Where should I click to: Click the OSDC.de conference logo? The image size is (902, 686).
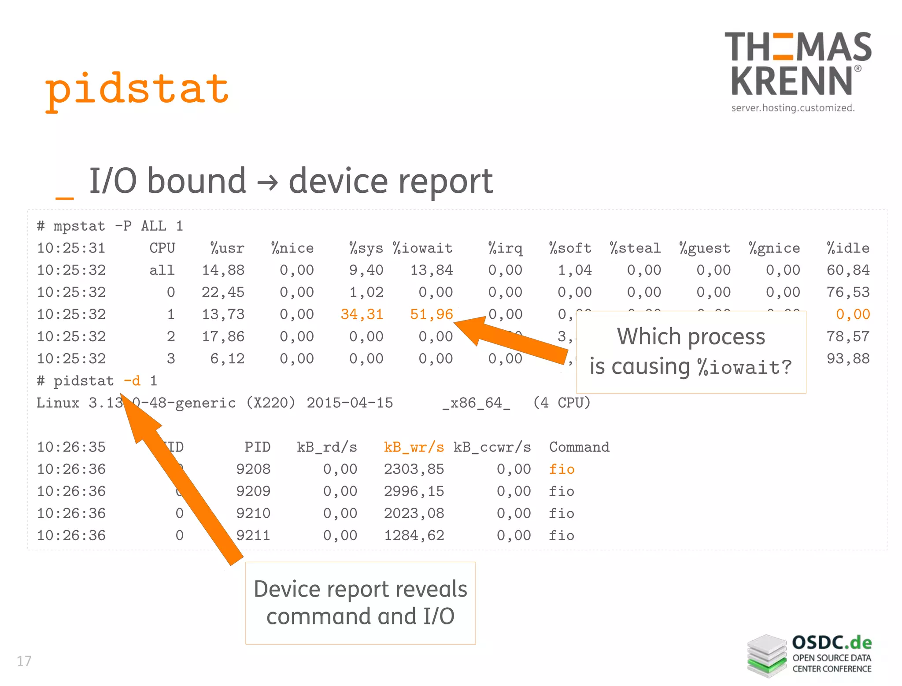tap(810, 655)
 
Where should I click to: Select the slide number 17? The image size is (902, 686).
tap(24, 661)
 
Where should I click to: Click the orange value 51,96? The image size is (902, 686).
tap(431, 314)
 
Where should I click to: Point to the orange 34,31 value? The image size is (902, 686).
tap(362, 314)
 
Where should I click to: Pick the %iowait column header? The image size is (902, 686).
tap(422, 248)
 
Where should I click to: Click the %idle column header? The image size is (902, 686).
tap(848, 248)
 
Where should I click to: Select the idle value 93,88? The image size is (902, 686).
tap(848, 359)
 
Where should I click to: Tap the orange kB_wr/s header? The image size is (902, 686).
tap(414, 447)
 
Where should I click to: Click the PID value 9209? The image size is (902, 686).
tap(253, 491)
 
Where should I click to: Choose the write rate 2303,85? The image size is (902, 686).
tap(414, 469)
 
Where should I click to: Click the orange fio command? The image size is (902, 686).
tap(562, 469)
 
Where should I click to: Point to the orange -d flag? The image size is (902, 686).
tap(132, 381)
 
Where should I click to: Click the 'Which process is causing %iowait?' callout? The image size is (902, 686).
tap(691, 352)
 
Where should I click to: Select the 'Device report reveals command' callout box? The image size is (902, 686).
tap(360, 603)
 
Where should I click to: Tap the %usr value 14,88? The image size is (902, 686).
tap(223, 270)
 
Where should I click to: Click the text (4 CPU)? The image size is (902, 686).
tap(562, 403)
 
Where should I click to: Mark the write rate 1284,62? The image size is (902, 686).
tap(414, 536)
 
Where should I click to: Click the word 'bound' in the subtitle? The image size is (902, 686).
tap(196, 181)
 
